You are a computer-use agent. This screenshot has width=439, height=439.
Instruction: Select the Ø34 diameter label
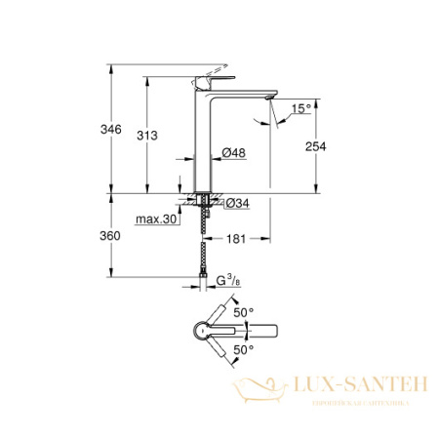pyautogui.click(x=237, y=202)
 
